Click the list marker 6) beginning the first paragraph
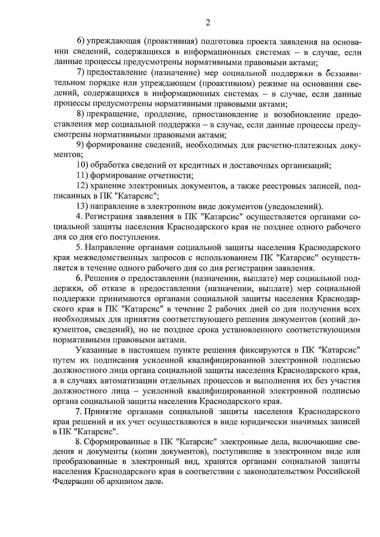[x=81, y=41]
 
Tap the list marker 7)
[x=81, y=73]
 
